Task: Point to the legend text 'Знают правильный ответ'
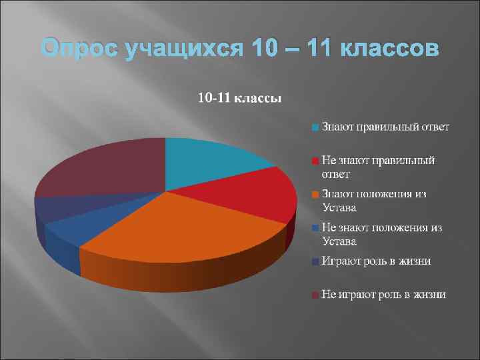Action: (385, 126)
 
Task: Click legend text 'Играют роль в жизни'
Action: (375, 261)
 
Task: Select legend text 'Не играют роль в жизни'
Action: (383, 294)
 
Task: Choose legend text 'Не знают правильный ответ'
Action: (377, 167)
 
